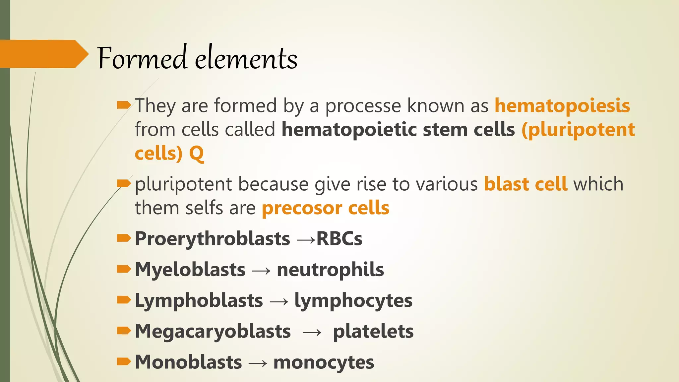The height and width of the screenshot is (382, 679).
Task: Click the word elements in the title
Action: point(246,59)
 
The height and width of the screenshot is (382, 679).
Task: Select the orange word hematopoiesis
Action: point(562,106)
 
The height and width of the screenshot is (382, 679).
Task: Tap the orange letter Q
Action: point(196,154)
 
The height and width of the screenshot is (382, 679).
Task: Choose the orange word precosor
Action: point(302,209)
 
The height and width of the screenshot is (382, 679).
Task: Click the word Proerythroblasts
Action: point(212,239)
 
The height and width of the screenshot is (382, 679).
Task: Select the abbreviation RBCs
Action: point(339,239)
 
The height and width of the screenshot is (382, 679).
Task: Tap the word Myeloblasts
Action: point(190,270)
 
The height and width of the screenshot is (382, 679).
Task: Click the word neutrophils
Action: point(330,270)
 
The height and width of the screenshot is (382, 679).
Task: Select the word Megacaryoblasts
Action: point(213,332)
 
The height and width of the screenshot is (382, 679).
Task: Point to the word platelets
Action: point(373,332)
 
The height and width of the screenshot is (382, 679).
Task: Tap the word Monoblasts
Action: point(188,362)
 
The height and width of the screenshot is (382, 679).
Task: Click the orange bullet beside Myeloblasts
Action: point(124,269)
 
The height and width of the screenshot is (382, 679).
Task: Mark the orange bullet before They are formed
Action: point(124,105)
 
